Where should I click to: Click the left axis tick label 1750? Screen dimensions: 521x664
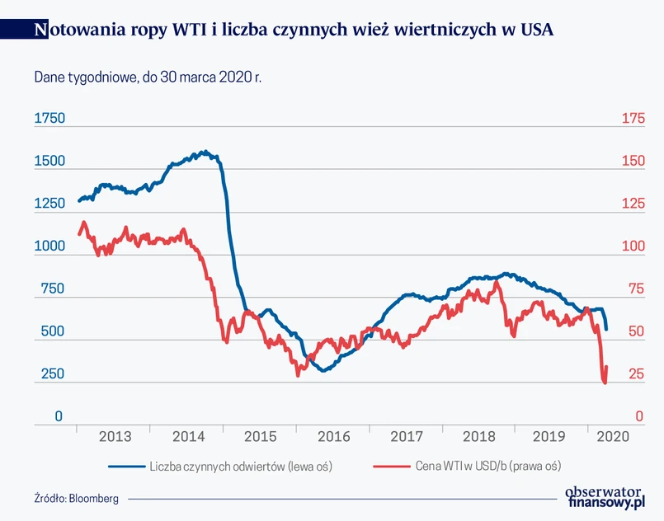tap(49, 119)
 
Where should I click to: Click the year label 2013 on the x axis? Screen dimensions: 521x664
tap(115, 437)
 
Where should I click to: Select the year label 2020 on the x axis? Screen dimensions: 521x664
tap(613, 437)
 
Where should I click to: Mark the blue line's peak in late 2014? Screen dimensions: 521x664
tap(204, 152)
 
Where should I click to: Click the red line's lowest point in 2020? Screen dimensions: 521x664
tap(605, 383)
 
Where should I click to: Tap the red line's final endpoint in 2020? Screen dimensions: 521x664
tap(607, 367)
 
